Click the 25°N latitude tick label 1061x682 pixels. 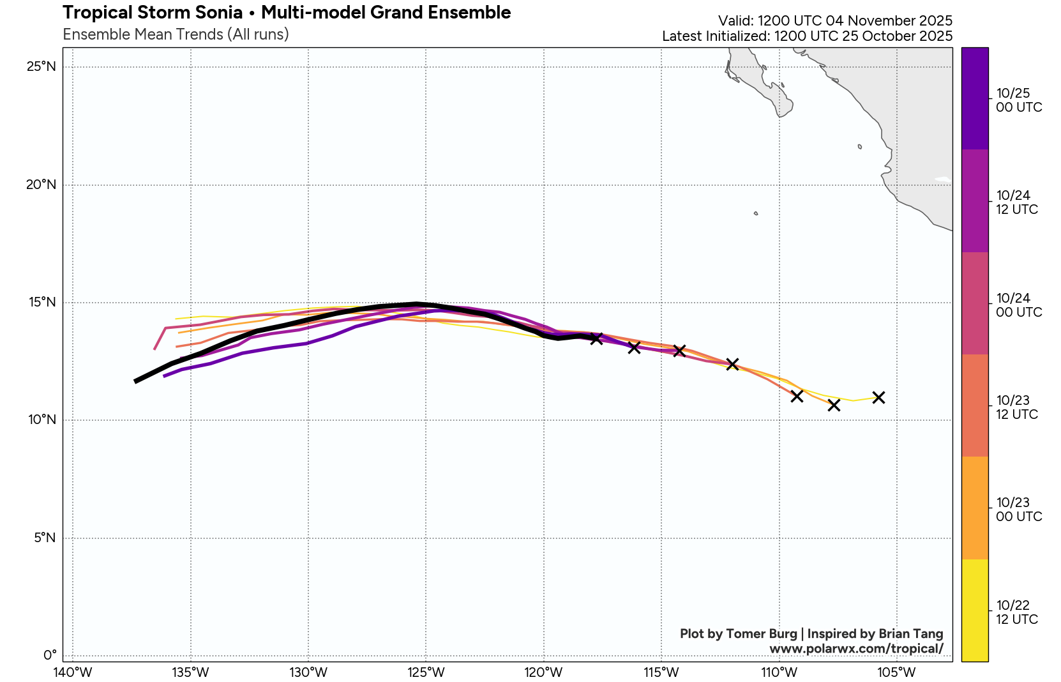click(x=41, y=66)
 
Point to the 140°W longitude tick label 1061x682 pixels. click(x=72, y=672)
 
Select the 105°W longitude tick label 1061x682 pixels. click(x=897, y=672)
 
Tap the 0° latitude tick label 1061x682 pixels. click(x=50, y=655)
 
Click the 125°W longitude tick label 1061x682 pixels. click(x=426, y=672)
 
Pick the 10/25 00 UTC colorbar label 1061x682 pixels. click(x=1019, y=100)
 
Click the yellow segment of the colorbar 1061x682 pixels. click(x=974, y=610)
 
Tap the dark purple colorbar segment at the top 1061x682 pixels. click(x=974, y=98)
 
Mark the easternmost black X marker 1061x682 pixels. click(x=878, y=397)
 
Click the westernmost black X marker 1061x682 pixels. click(x=596, y=338)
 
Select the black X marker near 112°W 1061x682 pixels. click(x=732, y=364)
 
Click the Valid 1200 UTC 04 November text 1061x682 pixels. click(x=835, y=20)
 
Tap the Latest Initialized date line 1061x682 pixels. click(x=807, y=36)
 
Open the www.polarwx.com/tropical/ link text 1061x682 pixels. click(x=856, y=649)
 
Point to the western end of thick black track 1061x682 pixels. click(x=136, y=381)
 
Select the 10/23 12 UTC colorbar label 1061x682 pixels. click(x=1017, y=407)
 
